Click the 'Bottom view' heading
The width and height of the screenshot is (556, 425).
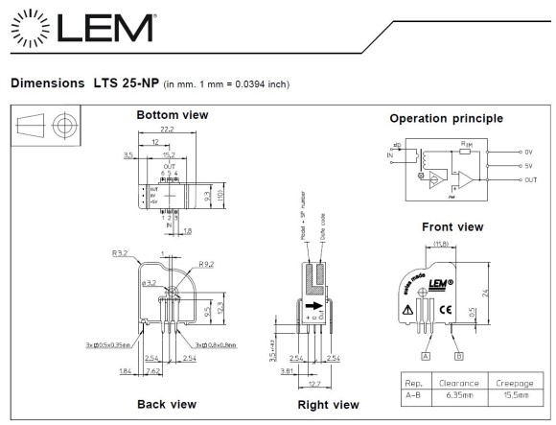click(x=173, y=115)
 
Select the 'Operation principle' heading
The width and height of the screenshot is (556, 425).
click(x=446, y=119)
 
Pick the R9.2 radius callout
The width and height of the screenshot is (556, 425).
click(x=206, y=264)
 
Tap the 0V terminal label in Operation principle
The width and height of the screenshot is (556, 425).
click(x=528, y=152)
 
